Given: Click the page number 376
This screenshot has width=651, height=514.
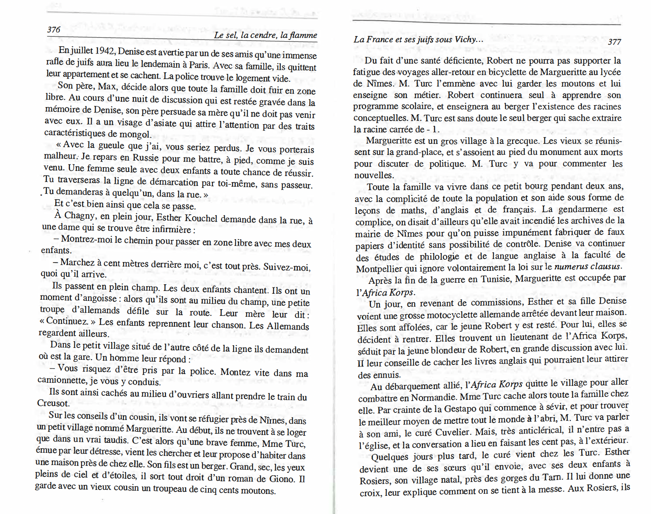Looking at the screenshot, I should (x=54, y=29).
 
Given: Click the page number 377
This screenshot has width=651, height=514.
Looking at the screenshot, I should (x=614, y=42).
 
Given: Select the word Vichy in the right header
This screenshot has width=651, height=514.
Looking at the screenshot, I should (x=465, y=39).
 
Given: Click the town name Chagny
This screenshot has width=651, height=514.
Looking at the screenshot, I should (x=79, y=215).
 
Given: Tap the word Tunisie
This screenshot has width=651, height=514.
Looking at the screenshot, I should (x=496, y=279).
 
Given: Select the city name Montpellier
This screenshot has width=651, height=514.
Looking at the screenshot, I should (x=380, y=269).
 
